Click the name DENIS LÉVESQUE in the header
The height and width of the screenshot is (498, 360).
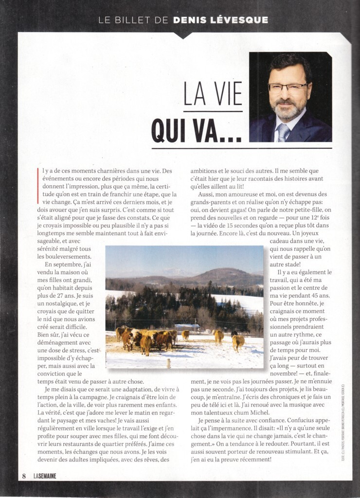coord(220,20)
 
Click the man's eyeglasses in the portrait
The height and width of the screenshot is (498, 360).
coord(288,88)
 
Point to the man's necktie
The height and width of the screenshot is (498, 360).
coord(284,132)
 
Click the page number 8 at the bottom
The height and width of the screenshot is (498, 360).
coord(23,476)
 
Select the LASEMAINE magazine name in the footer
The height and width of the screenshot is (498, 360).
coord(45,476)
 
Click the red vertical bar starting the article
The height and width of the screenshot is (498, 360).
coord(38,176)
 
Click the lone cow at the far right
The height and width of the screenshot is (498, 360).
coord(237,341)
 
